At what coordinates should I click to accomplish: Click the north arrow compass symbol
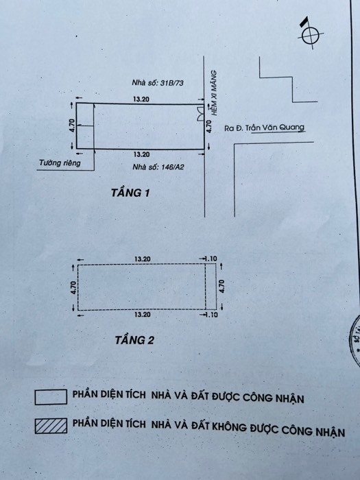click(x=311, y=35)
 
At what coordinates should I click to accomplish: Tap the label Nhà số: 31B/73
click(x=158, y=83)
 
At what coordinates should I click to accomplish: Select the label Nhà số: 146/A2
click(x=158, y=167)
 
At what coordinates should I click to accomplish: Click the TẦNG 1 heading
click(x=130, y=193)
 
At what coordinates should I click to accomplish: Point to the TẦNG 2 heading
click(x=134, y=340)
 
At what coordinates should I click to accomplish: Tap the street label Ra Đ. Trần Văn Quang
click(x=265, y=128)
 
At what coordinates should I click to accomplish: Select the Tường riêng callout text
click(x=60, y=163)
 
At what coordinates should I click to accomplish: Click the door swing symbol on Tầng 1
click(x=201, y=113)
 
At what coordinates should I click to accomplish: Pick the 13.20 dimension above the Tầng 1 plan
click(x=141, y=99)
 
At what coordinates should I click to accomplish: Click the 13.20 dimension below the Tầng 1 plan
click(x=141, y=154)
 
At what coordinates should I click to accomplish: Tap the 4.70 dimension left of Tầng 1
click(x=71, y=125)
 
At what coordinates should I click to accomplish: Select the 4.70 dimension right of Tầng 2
click(x=222, y=287)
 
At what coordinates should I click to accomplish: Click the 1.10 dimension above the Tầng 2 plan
click(x=211, y=259)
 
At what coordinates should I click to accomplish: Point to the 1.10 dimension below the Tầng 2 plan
click(x=211, y=315)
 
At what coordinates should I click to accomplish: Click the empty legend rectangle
click(x=51, y=397)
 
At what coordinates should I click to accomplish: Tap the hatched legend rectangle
click(x=51, y=426)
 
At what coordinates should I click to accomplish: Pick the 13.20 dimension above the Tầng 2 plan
click(x=143, y=259)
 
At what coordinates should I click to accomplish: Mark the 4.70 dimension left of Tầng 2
click(x=73, y=288)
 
